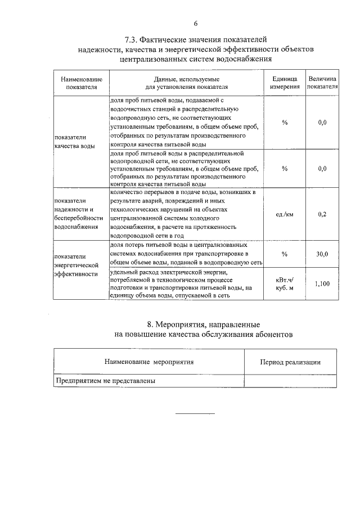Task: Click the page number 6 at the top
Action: tap(196, 24)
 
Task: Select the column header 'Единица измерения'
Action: tap(285, 83)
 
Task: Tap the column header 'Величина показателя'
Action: tap(322, 83)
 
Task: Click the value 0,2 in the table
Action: tap(322, 214)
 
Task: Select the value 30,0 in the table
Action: tap(322, 254)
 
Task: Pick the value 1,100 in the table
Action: tap(322, 285)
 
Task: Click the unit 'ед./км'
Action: tap(285, 214)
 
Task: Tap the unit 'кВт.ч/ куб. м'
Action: tap(285, 283)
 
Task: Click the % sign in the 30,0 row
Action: tap(285, 254)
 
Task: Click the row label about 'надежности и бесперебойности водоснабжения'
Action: tap(78, 214)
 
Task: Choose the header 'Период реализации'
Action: tap(290, 362)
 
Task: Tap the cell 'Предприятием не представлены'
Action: tap(105, 381)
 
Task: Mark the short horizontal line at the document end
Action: tap(195, 414)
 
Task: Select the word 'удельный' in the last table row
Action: tap(123, 272)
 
